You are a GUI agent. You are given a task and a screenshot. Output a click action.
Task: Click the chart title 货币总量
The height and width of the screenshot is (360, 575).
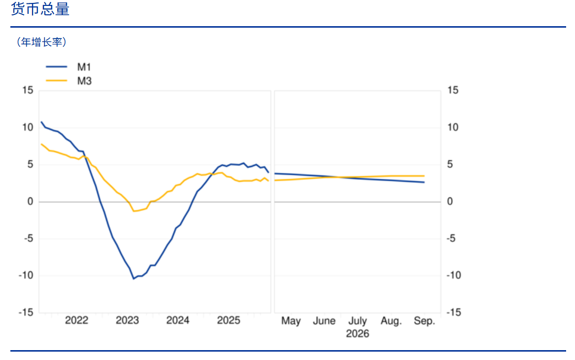coord(41,9)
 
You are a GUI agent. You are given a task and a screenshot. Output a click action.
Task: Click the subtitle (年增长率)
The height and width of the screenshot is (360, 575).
coord(41,42)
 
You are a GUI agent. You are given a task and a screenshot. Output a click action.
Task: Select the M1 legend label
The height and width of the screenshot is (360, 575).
coord(84,67)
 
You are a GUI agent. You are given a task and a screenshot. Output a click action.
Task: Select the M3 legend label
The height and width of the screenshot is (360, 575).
coord(84,81)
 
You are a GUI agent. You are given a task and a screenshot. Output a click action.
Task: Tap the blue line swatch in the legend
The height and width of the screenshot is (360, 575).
coord(56,67)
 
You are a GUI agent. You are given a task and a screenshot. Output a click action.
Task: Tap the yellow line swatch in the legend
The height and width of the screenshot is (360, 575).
coord(56,80)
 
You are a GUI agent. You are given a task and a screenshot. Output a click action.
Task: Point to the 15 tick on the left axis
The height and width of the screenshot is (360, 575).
coord(28,90)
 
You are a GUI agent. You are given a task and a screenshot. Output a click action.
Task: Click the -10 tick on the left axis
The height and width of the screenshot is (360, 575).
coord(26,276)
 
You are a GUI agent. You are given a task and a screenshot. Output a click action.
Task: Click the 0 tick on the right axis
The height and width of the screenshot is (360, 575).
coord(450,201)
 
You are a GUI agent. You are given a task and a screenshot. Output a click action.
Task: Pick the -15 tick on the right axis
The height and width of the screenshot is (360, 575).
coord(453,312)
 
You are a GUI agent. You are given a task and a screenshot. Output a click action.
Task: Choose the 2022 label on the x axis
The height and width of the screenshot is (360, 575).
coord(76,320)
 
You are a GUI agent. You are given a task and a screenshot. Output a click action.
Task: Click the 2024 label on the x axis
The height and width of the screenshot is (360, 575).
coord(178,320)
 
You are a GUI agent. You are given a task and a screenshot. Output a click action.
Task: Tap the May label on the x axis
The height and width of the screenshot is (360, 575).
coord(291,321)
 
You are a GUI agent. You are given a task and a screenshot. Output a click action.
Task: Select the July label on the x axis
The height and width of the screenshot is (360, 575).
coord(358,321)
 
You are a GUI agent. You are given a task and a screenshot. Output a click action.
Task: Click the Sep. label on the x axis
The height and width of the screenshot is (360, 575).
coord(424,321)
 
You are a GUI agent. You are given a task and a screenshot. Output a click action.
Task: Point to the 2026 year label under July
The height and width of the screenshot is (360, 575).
coord(358,334)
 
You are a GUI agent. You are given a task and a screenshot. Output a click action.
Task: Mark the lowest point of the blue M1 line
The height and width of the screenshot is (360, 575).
coord(133,279)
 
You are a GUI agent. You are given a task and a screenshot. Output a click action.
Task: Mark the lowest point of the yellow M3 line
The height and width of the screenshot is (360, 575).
coord(133,211)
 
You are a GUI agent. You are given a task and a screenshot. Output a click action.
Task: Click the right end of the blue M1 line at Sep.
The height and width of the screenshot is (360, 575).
coord(424,182)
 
